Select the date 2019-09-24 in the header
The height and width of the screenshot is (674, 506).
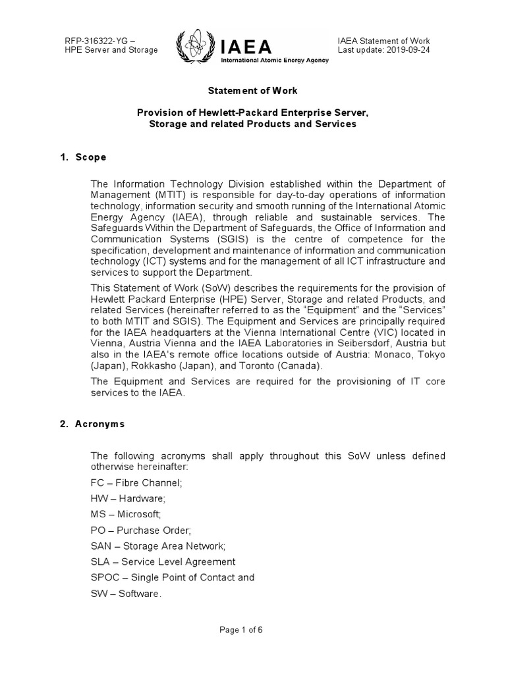click(x=408, y=51)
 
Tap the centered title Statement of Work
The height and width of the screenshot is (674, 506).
click(x=252, y=91)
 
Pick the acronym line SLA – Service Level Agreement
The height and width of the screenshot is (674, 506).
click(x=163, y=561)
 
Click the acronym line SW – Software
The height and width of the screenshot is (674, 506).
click(x=125, y=593)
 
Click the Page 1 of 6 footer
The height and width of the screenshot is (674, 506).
click(x=252, y=630)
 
